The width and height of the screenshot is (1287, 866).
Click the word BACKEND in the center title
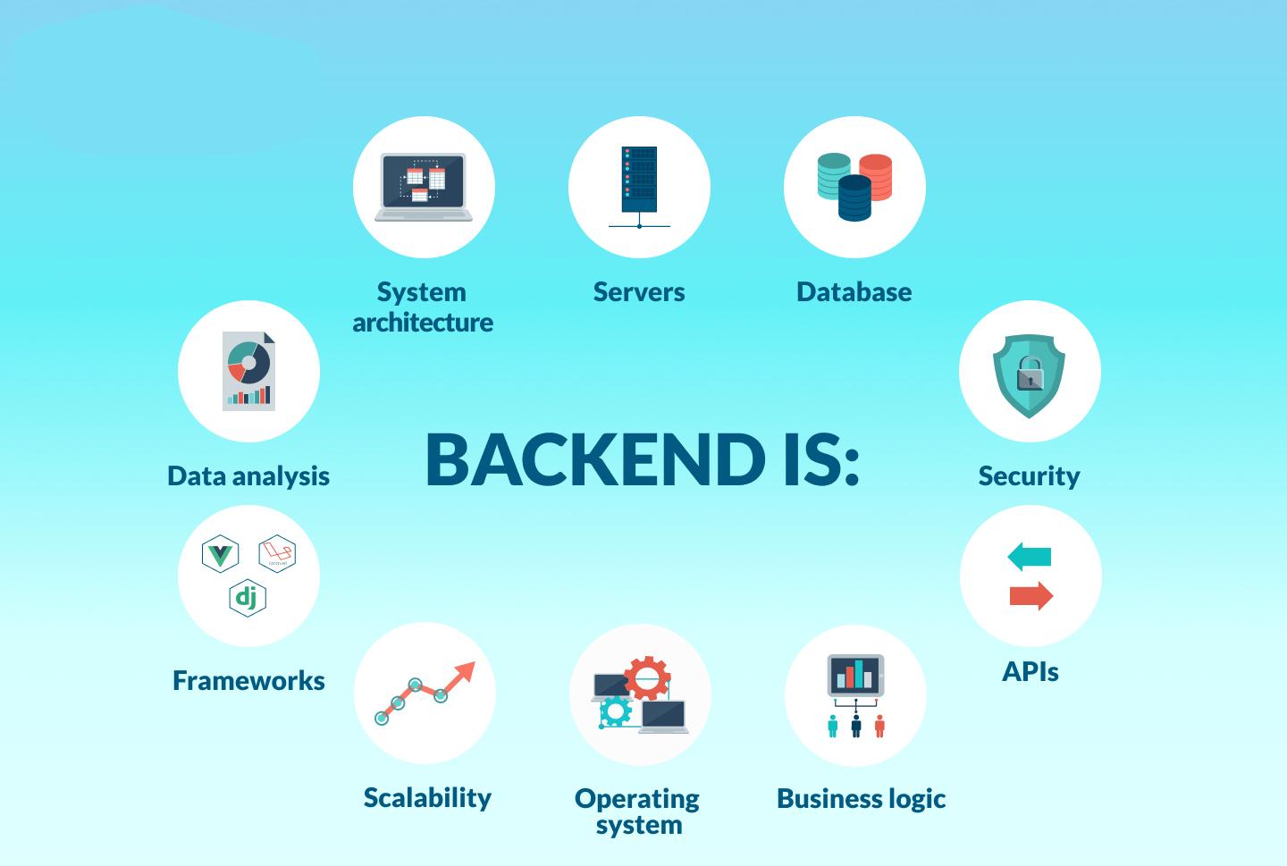tap(595, 459)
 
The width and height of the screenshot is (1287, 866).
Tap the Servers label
tap(639, 292)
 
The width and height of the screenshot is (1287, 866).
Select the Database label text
tap(854, 292)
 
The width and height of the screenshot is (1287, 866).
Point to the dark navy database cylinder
tap(854, 198)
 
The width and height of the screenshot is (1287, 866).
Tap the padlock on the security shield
tap(1030, 374)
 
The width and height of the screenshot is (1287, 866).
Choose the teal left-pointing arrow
tap(1029, 556)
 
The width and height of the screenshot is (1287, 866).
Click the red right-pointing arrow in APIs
tap(1031, 595)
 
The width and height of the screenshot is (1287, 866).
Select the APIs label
tap(1030, 671)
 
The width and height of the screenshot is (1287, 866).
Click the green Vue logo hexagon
tap(220, 553)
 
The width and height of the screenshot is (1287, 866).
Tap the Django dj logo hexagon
tap(247, 598)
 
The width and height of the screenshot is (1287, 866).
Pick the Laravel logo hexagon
tap(277, 553)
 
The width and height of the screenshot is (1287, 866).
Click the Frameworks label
tap(248, 680)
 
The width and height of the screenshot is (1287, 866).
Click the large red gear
tap(647, 678)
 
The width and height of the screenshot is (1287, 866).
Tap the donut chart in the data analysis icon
tap(248, 363)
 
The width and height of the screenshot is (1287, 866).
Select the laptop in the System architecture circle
tap(424, 187)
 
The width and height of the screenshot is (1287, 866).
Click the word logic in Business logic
tap(917, 799)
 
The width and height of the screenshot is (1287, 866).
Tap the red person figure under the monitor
tap(879, 726)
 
